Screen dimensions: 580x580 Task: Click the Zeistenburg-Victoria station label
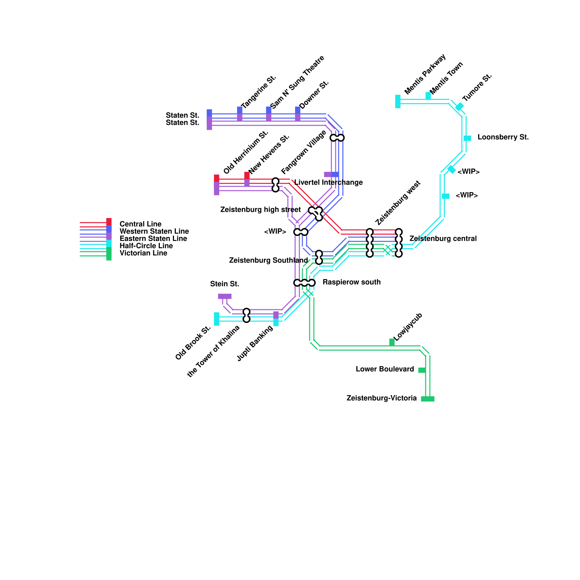tap(381, 398)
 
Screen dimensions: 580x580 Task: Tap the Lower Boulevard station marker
tap(422, 370)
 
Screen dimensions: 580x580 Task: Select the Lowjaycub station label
tap(408, 327)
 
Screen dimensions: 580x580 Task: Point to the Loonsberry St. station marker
tap(467, 138)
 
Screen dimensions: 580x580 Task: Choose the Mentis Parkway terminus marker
tap(398, 101)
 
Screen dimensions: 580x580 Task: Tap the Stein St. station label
tap(224, 284)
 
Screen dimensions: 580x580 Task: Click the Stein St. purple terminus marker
tap(224, 296)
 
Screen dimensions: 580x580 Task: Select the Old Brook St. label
tap(193, 343)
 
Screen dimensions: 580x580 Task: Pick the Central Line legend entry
tap(140, 224)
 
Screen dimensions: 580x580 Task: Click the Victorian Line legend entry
tap(143, 253)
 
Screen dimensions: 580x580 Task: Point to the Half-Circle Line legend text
tap(146, 246)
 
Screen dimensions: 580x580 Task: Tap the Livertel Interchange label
tap(328, 182)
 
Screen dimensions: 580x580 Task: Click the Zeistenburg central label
tap(443, 239)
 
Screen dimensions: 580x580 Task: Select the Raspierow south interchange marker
tap(304, 283)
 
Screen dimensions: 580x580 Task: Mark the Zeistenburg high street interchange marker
tap(316, 212)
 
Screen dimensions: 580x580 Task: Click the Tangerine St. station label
tap(258, 92)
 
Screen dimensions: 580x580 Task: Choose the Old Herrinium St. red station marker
tap(216, 178)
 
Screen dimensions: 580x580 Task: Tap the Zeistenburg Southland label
tap(268, 260)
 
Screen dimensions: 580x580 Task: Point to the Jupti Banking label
tap(254, 343)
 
